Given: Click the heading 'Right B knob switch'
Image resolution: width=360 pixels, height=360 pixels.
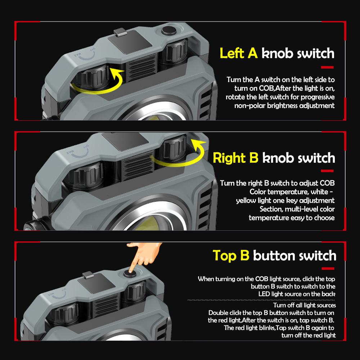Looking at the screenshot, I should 274,158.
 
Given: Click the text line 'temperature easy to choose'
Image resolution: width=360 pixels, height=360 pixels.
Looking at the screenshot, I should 292,217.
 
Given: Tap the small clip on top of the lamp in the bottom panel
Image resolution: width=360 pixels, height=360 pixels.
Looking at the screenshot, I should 88,276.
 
